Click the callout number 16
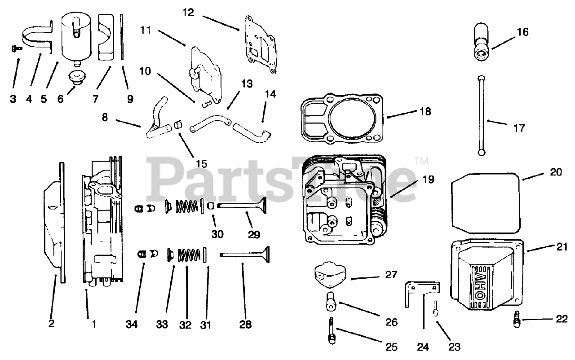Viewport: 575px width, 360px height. [x=522, y=32]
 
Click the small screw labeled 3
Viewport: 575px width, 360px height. [x=15, y=48]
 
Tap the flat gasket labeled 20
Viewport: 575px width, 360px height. [x=485, y=200]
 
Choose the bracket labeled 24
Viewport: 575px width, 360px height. [x=422, y=290]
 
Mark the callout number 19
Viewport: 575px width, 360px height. [x=428, y=180]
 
